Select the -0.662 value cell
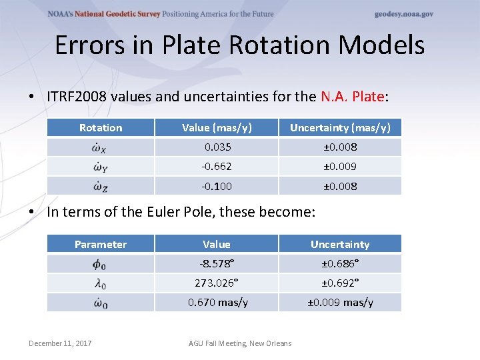tap(216, 167)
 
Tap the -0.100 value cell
tap(216, 186)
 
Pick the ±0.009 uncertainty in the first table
tap(340, 167)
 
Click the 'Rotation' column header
tap(101, 128)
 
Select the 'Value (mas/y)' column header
tap(216, 128)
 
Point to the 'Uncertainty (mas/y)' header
tap(340, 128)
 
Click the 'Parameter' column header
tap(101, 245)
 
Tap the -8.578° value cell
tap(216, 264)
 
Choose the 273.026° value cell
tap(216, 283)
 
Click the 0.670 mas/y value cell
tap(217, 303)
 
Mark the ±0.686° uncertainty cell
tap(340, 264)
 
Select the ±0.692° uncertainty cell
tap(340, 283)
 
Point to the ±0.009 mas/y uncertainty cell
tap(340, 303)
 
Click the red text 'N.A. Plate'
tap(353, 97)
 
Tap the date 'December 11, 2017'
tap(60, 343)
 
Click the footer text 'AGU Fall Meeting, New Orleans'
tap(240, 343)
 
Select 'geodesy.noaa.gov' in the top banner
tap(403, 14)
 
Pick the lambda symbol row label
tap(101, 283)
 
